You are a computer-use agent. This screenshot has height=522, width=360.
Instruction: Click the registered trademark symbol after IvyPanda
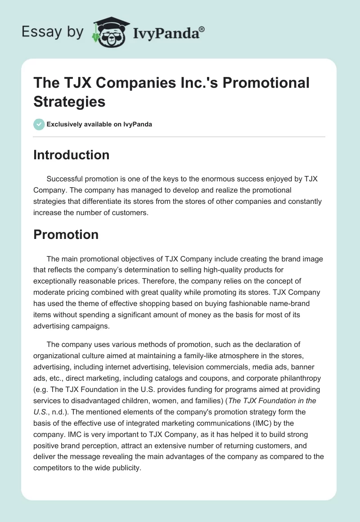[x=202, y=30]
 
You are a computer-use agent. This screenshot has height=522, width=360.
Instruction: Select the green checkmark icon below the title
[x=39, y=124]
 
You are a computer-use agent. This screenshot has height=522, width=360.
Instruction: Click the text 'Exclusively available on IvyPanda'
[x=99, y=124]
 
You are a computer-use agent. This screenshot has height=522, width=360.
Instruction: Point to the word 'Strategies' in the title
[x=69, y=101]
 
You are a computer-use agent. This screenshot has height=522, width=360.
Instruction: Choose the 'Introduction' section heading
[x=72, y=155]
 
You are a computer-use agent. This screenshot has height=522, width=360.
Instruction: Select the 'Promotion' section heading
[x=66, y=234]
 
